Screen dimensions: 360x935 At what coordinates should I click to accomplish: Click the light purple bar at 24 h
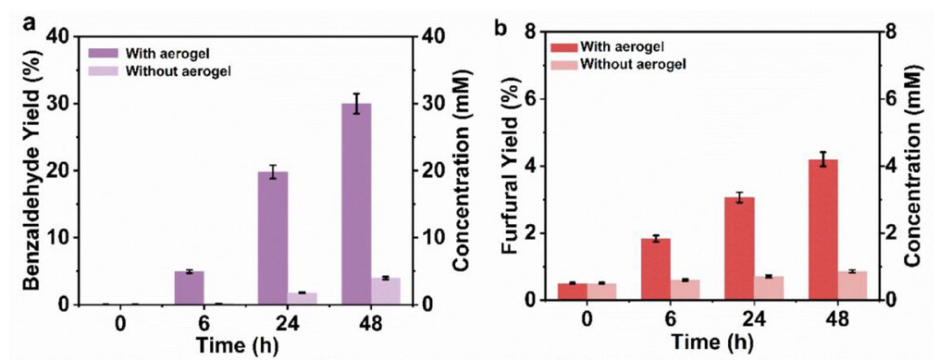(302, 298)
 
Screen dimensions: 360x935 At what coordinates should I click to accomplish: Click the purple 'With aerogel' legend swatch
(103, 53)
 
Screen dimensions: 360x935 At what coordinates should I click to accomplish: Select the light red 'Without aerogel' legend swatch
(564, 65)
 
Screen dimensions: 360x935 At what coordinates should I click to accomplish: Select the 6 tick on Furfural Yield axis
(531, 99)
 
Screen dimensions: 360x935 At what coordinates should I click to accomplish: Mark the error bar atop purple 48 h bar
(356, 103)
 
